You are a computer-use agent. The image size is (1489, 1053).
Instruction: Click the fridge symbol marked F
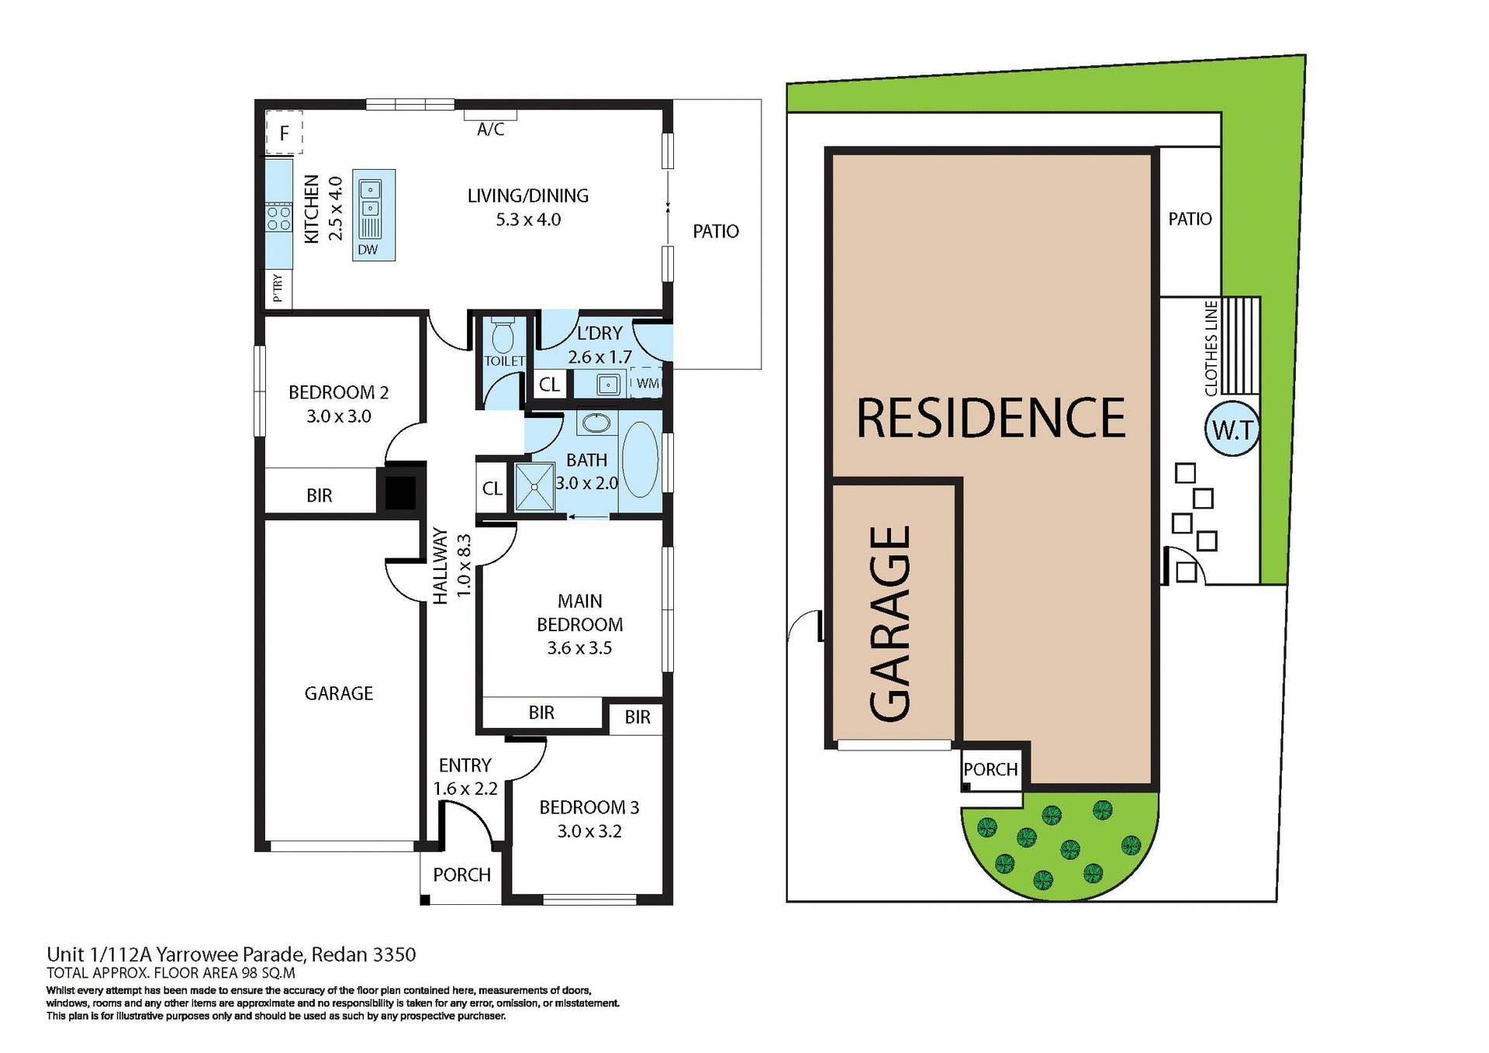pyautogui.click(x=284, y=133)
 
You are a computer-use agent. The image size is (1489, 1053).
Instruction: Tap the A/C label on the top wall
pyautogui.click(x=490, y=129)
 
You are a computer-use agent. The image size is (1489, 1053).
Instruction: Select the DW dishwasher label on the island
pyautogui.click(x=368, y=250)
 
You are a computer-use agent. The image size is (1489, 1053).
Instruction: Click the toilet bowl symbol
pyautogui.click(x=503, y=335)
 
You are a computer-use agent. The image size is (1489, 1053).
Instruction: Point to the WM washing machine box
pyautogui.click(x=647, y=383)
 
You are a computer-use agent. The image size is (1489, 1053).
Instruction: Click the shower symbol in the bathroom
pyautogui.click(x=534, y=487)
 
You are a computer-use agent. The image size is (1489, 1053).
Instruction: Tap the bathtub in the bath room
pyautogui.click(x=641, y=460)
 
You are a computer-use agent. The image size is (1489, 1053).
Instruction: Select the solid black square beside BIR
pyautogui.click(x=400, y=492)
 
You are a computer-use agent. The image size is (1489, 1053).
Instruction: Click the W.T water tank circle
pyautogui.click(x=1232, y=429)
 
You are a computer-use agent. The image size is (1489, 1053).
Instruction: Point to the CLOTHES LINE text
pyautogui.click(x=1211, y=349)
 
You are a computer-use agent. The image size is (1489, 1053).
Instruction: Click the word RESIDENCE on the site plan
pyautogui.click(x=990, y=418)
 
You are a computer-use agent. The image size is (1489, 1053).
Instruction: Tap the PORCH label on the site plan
pyautogui.click(x=990, y=769)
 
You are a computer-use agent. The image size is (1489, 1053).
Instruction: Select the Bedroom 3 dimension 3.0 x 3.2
pyautogui.click(x=589, y=831)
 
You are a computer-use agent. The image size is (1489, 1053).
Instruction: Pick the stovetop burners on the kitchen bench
pyautogui.click(x=278, y=218)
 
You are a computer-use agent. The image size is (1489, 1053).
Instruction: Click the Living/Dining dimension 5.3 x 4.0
pyautogui.click(x=528, y=219)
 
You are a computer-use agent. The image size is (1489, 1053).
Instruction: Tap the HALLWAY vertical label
pyautogui.click(x=440, y=565)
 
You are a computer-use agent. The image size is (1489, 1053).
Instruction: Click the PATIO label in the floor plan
pyautogui.click(x=715, y=231)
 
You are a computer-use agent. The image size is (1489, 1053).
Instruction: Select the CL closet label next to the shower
pyautogui.click(x=492, y=489)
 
